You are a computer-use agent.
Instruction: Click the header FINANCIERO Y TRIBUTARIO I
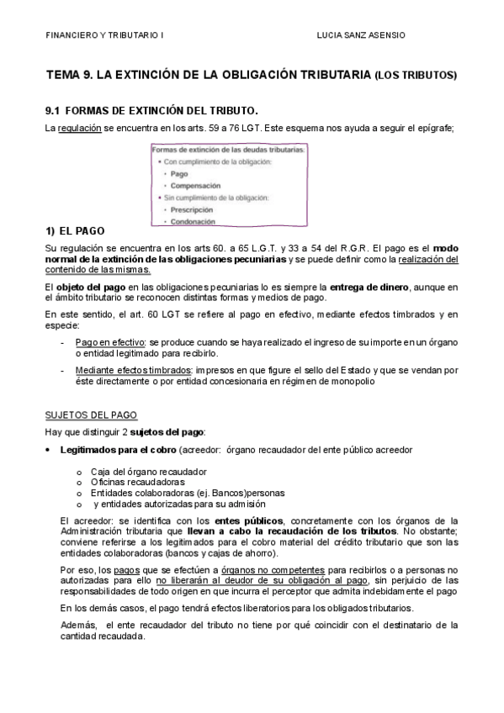pyautogui.click(x=105, y=36)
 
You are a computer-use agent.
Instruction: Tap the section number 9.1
pyautogui.click(x=53, y=110)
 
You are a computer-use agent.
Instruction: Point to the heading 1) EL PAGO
pyautogui.click(x=75, y=230)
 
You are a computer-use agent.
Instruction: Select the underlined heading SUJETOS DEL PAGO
pyautogui.click(x=91, y=415)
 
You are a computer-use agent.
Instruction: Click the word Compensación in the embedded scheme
pyautogui.click(x=195, y=185)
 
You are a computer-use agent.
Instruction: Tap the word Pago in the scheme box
pyautogui.click(x=178, y=173)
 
